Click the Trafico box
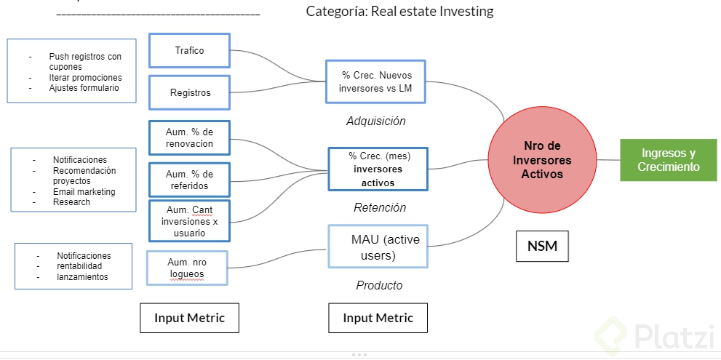pos(189,51)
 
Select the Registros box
pos(189,92)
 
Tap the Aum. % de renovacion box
pos(189,137)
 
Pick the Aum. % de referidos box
pos(189,180)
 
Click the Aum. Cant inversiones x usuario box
pos(189,221)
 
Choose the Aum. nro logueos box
pos(187,268)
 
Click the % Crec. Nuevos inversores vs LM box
pos(375,81)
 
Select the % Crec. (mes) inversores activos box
pos(378,169)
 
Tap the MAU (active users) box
pos(378,247)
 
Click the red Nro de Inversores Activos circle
pos(541,160)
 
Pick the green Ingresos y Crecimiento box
pos(668,160)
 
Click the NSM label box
pos(542,246)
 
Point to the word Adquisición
pos(375,121)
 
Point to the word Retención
pos(379,208)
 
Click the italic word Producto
pos(379,286)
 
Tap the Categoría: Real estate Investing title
pos(399,11)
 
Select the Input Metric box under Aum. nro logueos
pos(189,318)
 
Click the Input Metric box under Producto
pos(378,318)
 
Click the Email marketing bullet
pos(84,192)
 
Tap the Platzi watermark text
pos(670,337)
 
